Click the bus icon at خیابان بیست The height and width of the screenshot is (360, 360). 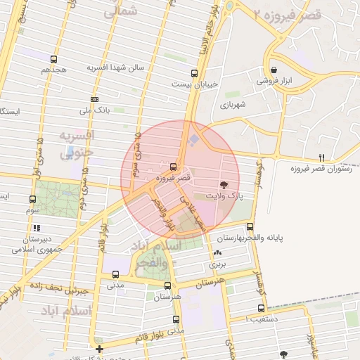coord(195,72)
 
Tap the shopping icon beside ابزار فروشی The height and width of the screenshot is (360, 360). coord(274,70)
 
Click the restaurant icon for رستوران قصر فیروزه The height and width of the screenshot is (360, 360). coord(322,157)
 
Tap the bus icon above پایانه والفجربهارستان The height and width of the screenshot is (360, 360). coord(250,226)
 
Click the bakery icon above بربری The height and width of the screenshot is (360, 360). coord(217,254)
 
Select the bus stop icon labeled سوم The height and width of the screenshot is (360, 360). coord(33,199)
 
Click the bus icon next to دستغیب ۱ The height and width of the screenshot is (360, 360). coord(262,308)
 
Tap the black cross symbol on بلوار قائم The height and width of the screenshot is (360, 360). coord(100,348)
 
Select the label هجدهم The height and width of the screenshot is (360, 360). coord(53,70)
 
